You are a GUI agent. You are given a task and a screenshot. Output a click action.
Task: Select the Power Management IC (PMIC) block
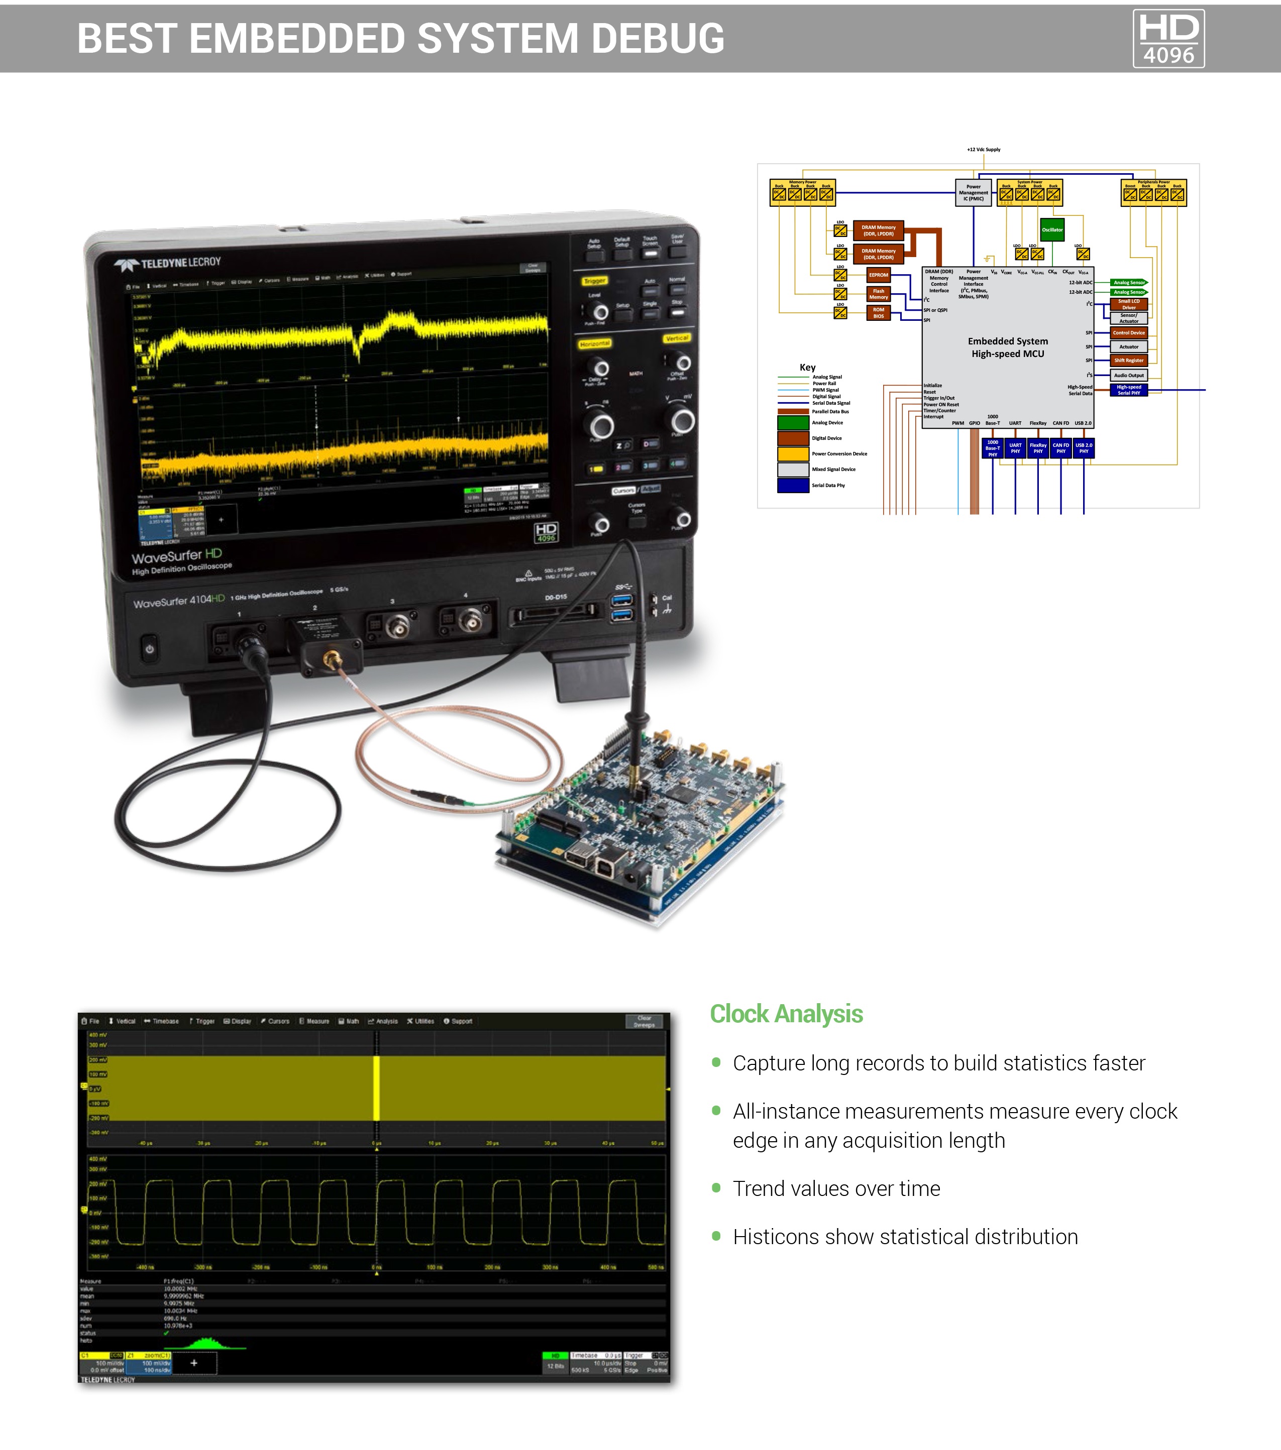pos(973,193)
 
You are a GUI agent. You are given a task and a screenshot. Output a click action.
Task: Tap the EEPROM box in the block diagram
pos(878,275)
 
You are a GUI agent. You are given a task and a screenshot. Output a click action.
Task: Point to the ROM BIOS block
pos(878,313)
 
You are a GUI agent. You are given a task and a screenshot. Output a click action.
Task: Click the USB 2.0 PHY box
pos(1083,448)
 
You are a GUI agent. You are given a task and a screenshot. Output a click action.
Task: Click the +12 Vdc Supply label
pos(983,150)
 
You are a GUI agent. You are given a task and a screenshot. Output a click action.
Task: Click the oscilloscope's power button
pos(149,649)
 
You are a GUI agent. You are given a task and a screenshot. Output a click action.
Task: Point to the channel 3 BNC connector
pos(396,627)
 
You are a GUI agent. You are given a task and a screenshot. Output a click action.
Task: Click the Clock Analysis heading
pos(786,1014)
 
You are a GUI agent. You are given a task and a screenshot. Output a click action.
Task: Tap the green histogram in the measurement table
pos(206,1343)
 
